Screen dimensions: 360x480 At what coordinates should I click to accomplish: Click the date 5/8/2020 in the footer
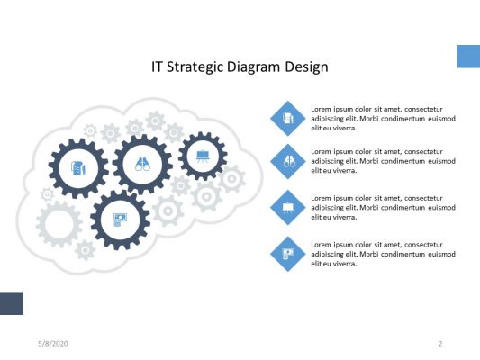pos(53,344)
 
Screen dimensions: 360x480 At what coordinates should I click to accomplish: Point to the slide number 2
pos(440,344)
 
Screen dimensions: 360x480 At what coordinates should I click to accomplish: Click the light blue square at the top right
pos(468,57)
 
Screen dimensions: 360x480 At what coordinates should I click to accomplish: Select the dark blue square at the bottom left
pos(11,303)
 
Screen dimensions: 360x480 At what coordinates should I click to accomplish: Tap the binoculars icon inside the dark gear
pos(142,165)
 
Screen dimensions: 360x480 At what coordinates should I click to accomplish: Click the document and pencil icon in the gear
pos(78,168)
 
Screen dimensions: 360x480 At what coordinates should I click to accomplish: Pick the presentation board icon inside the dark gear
pos(203,156)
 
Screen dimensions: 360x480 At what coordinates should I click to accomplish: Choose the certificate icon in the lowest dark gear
pos(120,220)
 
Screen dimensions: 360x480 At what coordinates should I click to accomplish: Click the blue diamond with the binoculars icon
pos(288,161)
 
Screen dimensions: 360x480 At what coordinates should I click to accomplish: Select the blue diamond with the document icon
pos(288,117)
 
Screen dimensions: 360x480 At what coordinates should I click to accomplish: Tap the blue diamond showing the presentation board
pos(288,207)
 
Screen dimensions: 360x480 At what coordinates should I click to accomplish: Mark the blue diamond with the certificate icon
pos(288,253)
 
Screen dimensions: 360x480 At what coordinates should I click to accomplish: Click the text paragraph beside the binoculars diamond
pos(383,161)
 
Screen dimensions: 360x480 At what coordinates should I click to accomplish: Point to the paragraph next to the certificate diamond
pos(383,254)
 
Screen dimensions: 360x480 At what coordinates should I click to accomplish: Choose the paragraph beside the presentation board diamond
pos(383,207)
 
